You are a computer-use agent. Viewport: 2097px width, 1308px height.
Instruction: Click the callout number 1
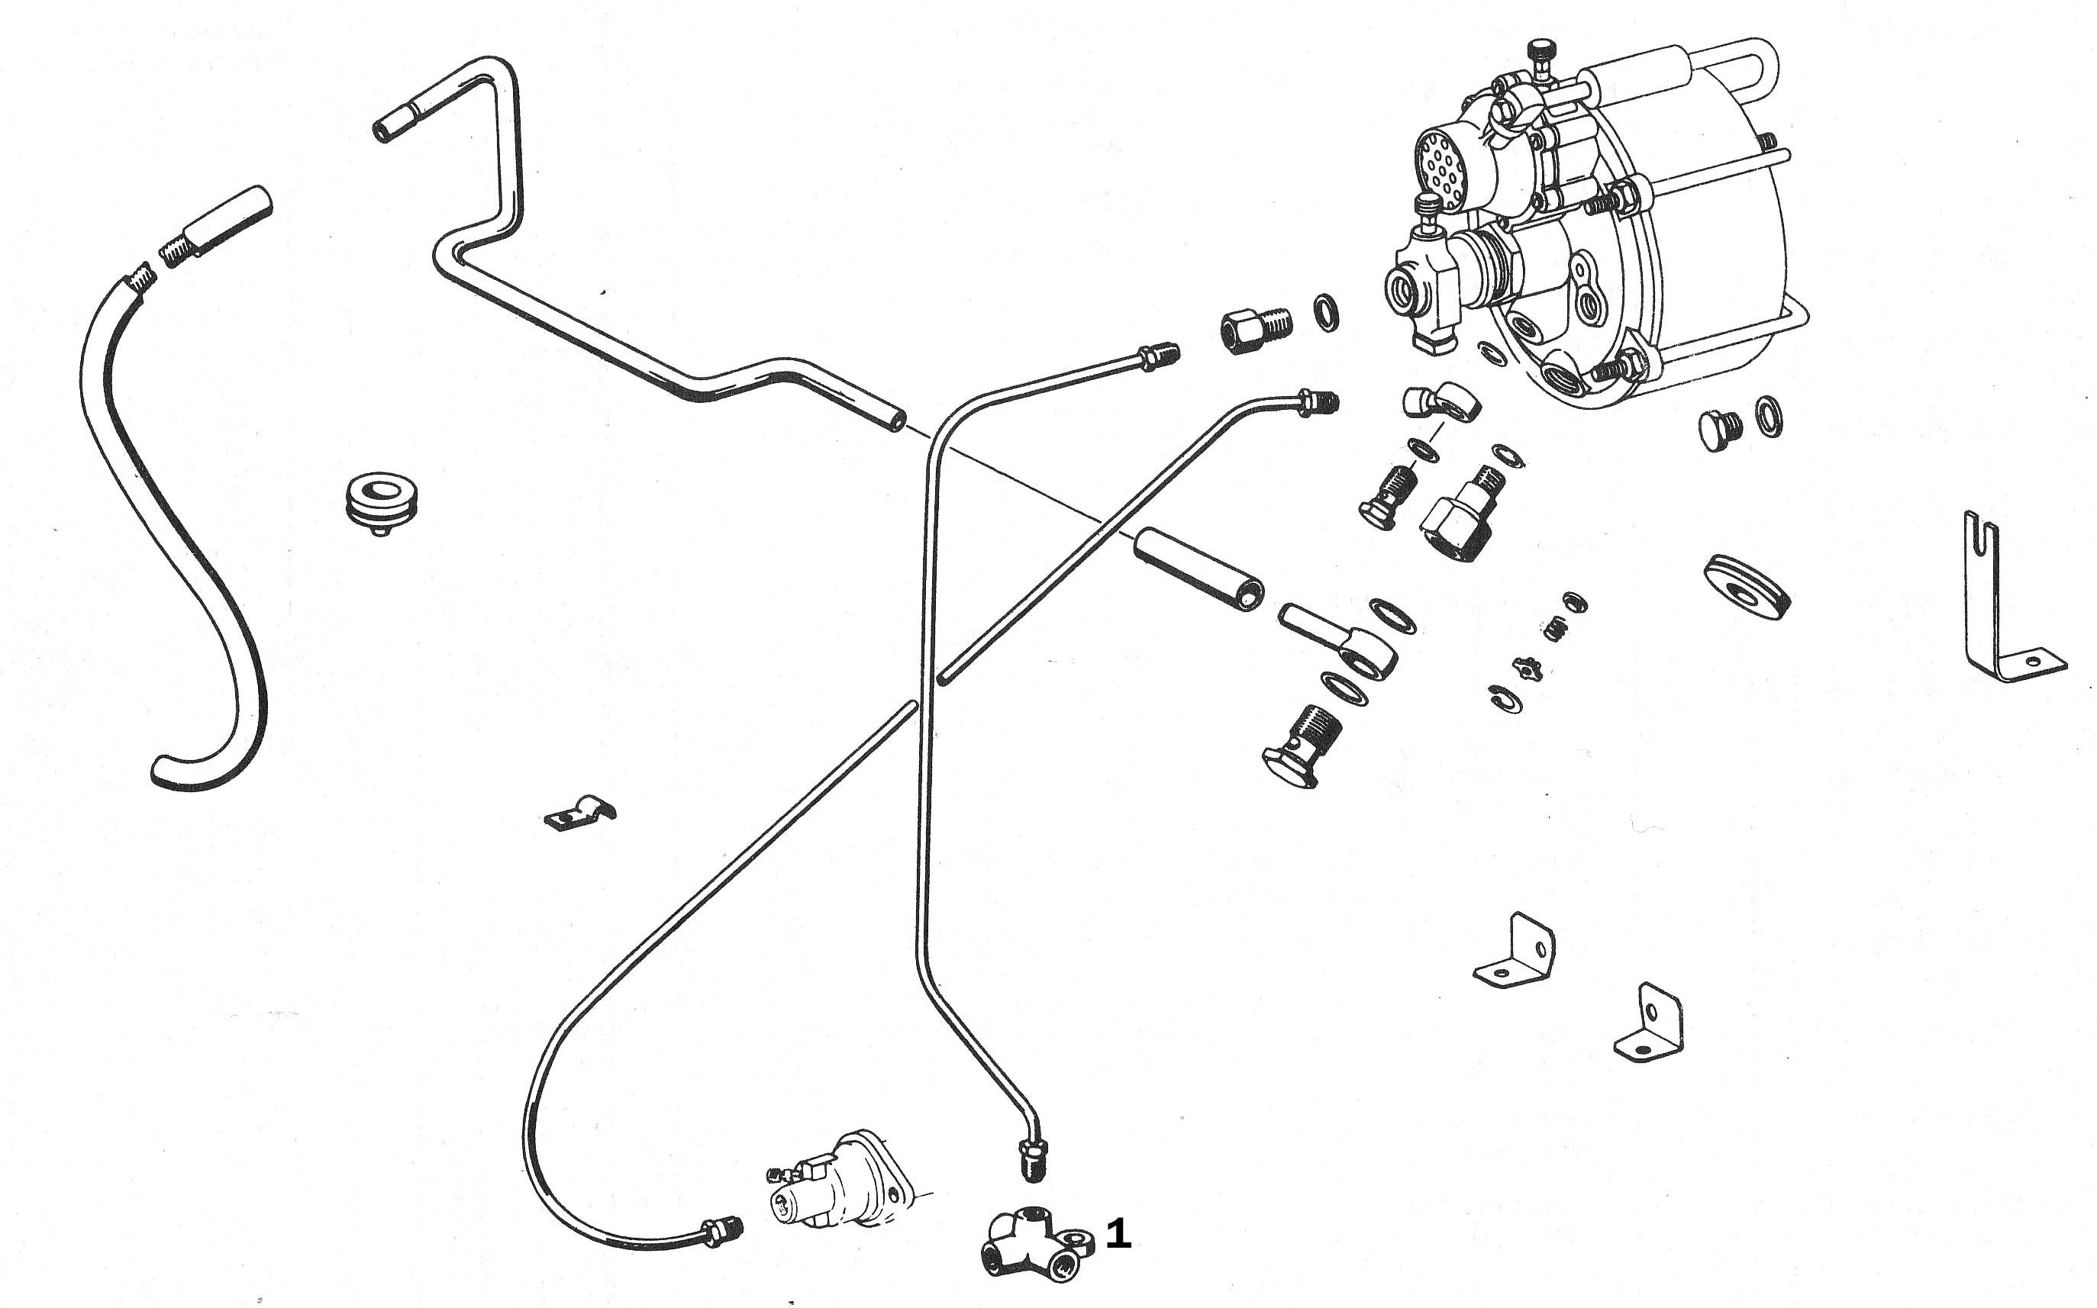[x=1118, y=1235]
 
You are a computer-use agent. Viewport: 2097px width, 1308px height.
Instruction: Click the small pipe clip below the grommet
[x=579, y=813]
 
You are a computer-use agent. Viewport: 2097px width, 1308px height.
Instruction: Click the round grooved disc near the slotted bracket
[x=1747, y=588]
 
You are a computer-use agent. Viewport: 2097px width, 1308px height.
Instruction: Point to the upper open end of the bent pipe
[x=383, y=130]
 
